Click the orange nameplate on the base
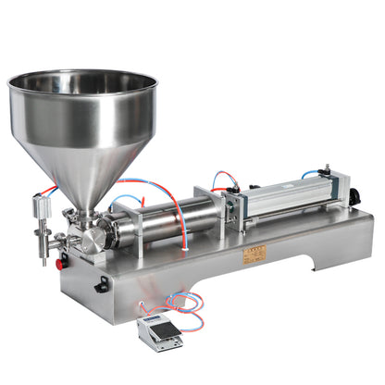click(254, 253)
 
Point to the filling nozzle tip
click(43, 258)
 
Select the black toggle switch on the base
click(101, 286)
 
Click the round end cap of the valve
click(93, 241)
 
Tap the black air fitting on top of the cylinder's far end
click(327, 171)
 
